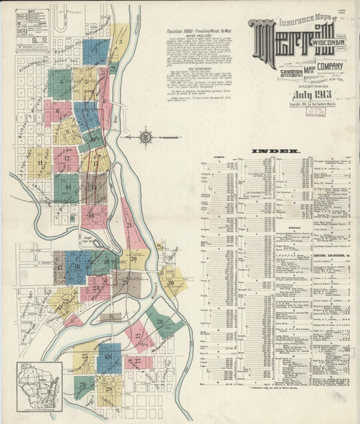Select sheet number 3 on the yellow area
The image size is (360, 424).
tap(120, 42)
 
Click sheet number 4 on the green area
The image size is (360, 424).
tap(61, 82)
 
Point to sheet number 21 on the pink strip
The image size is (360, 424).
tap(129, 225)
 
